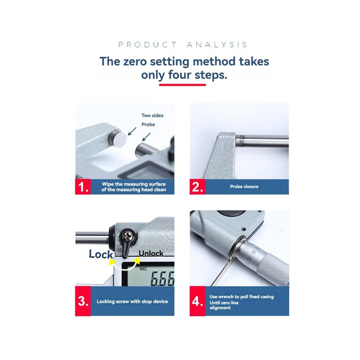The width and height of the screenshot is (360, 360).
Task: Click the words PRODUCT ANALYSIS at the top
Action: coord(183,44)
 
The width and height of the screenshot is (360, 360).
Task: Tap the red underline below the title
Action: coord(182,85)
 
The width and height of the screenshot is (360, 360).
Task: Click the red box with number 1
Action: coord(83,187)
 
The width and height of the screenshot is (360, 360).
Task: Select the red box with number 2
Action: coord(197,187)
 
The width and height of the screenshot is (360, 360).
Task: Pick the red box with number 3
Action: coord(83,301)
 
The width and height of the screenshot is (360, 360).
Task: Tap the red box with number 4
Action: coord(197,301)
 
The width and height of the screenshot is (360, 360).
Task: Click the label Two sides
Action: coord(152,116)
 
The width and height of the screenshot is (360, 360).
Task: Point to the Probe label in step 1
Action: coord(148,124)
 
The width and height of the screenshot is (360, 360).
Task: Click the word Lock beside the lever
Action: coord(101,254)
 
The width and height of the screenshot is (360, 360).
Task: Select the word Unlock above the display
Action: coord(151,253)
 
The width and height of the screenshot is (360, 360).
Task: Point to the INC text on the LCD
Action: coord(143,269)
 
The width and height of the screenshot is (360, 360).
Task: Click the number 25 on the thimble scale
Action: coord(253,252)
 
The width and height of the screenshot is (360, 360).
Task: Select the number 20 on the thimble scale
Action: coord(249,259)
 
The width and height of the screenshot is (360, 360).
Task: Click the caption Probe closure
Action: coord(244,187)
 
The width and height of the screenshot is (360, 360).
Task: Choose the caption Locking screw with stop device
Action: coord(132,301)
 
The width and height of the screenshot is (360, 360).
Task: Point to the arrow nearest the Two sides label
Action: coord(132,131)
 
